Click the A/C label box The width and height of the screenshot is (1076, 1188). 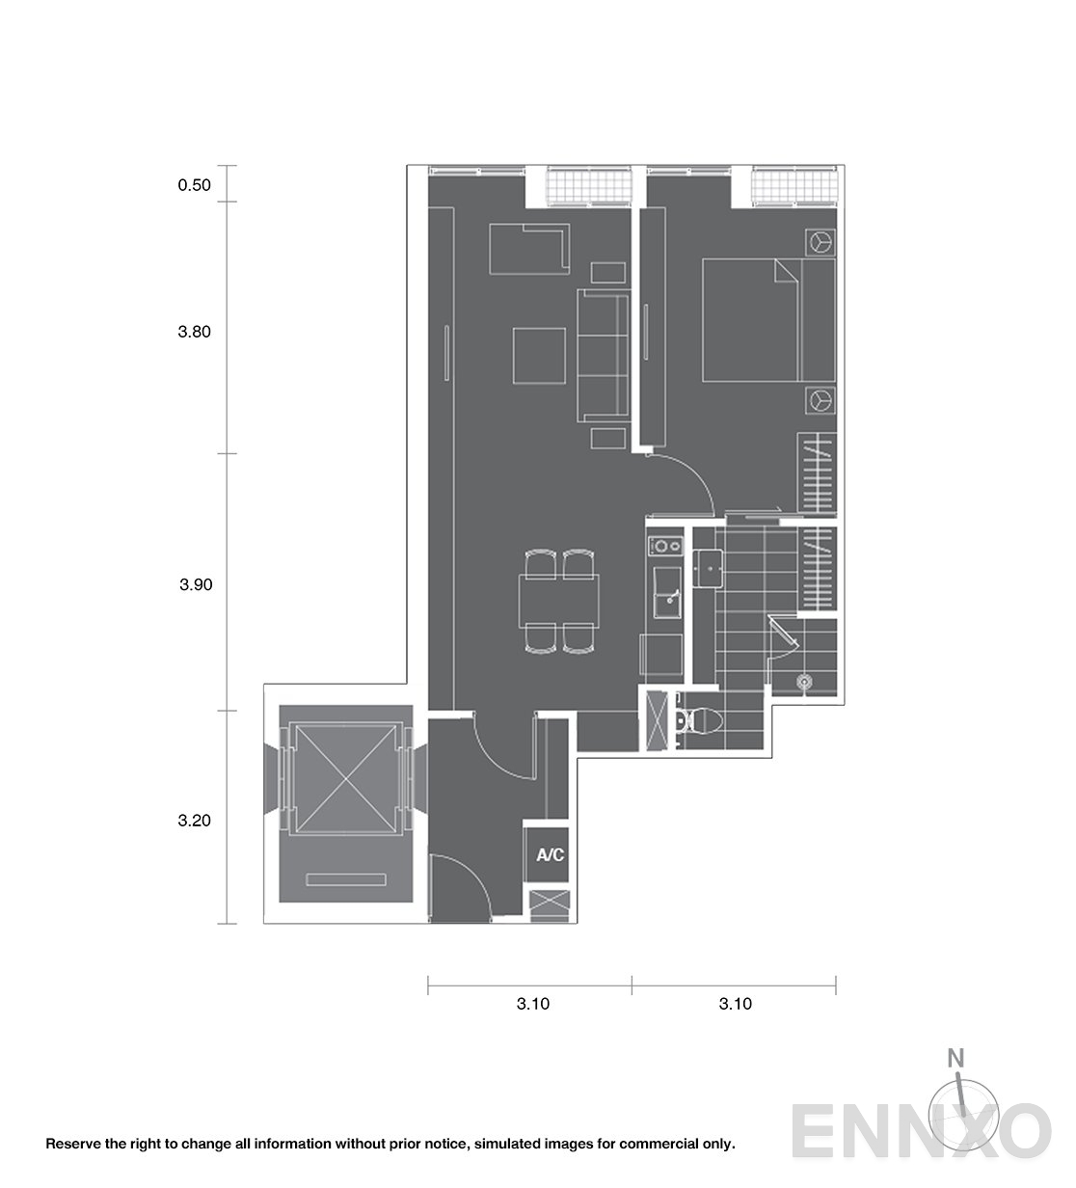click(549, 854)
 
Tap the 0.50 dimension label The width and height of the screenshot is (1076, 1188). click(194, 185)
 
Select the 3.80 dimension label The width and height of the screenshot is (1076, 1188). click(194, 332)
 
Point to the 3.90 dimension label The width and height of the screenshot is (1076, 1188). click(196, 584)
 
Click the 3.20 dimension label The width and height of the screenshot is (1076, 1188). click(194, 821)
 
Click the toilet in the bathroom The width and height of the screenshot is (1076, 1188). click(699, 720)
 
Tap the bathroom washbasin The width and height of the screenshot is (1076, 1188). click(708, 569)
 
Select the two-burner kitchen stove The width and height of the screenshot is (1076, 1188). click(665, 546)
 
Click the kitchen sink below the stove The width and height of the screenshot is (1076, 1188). click(667, 592)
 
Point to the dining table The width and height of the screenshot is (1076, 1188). click(559, 601)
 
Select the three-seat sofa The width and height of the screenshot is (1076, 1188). click(603, 355)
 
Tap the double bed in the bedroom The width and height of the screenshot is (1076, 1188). click(768, 320)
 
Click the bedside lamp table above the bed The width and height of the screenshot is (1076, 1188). click(820, 242)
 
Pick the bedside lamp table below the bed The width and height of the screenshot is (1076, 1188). click(820, 401)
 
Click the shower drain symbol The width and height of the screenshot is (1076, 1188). click(803, 682)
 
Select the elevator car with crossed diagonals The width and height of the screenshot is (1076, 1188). click(346, 779)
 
